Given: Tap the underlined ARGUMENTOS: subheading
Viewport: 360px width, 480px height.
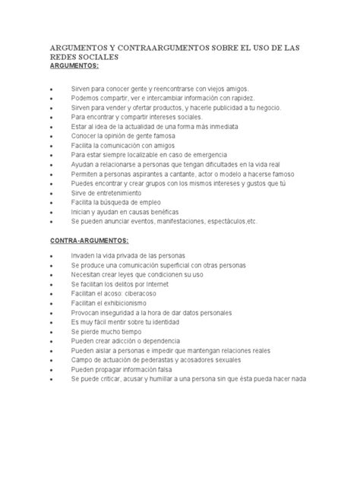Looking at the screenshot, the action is click(x=75, y=66).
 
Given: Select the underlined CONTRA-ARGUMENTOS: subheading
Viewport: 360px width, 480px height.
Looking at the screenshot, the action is click(x=87, y=240).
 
